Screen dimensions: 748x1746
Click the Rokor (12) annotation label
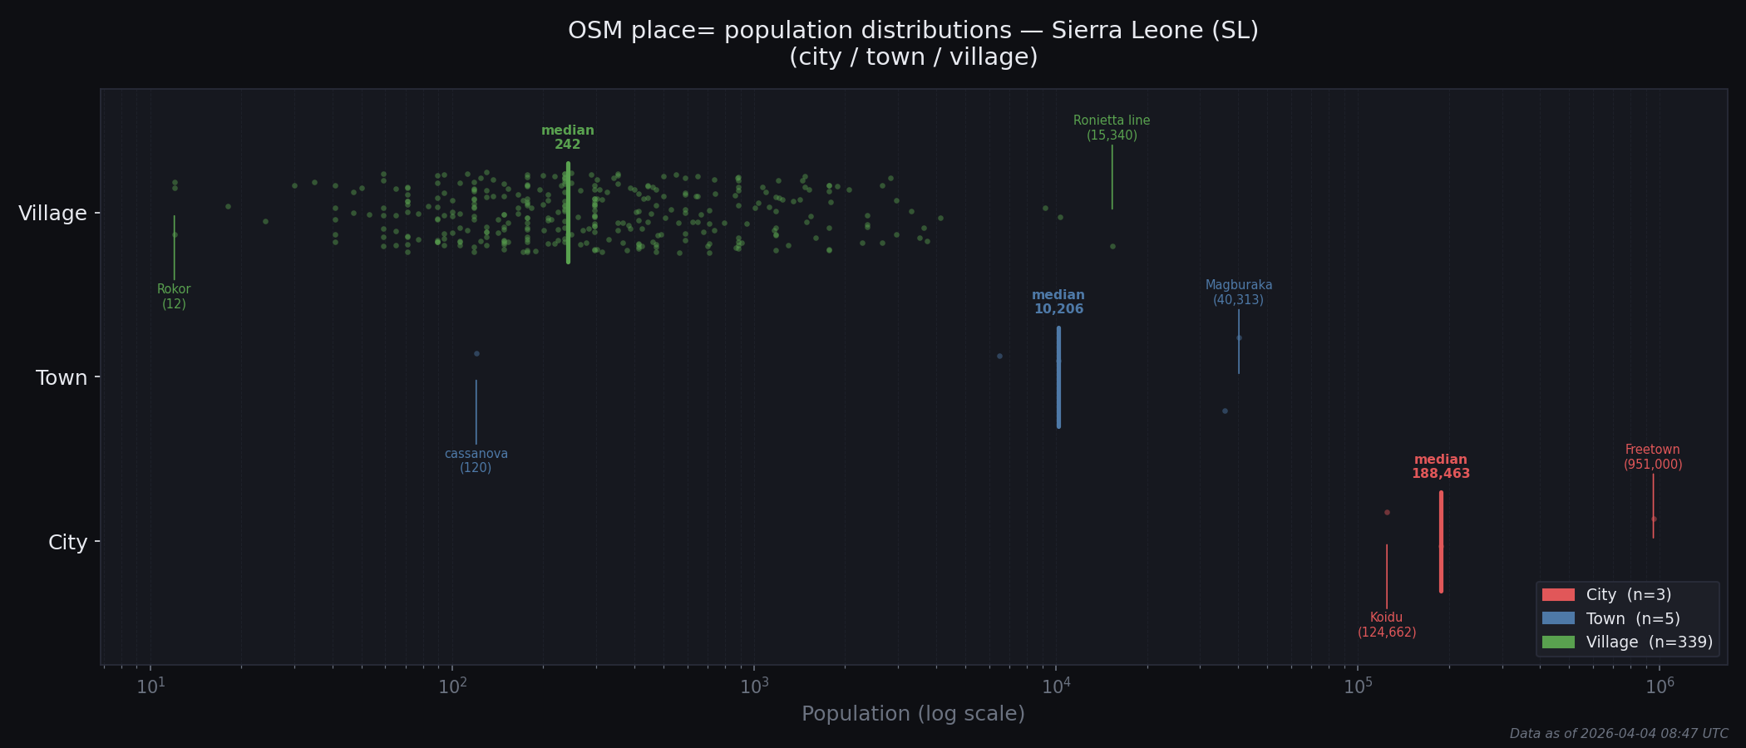pyautogui.click(x=174, y=297)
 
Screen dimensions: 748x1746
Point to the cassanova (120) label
pyautogui.click(x=476, y=460)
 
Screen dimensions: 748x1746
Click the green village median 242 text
pyautogui.click(x=568, y=137)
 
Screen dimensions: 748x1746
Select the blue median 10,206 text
pyautogui.click(x=1058, y=302)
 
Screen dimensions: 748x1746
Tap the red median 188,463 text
pyautogui.click(x=1441, y=466)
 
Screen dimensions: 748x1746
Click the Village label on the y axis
pyautogui.click(x=53, y=214)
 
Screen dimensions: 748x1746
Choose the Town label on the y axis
pyautogui.click(x=62, y=378)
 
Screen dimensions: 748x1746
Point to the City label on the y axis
pyautogui.click(x=67, y=543)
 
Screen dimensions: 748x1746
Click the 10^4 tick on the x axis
pyautogui.click(x=1056, y=686)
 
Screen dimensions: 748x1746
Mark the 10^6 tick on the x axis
pyautogui.click(x=1659, y=686)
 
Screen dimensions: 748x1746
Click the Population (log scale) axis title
pyautogui.click(x=913, y=714)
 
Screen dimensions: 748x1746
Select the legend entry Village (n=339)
pyautogui.click(x=1649, y=642)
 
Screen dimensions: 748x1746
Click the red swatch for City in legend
pyautogui.click(x=1558, y=595)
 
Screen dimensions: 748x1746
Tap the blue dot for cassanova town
pyautogui.click(x=476, y=353)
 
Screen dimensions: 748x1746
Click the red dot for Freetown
pyautogui.click(x=1654, y=519)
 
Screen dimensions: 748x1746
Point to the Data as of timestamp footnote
pyautogui.click(x=1618, y=734)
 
